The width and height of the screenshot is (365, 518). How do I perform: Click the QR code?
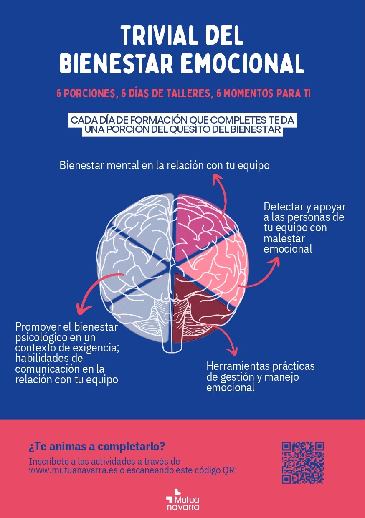pos(303,462)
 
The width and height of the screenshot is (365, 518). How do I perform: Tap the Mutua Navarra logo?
pos(182,499)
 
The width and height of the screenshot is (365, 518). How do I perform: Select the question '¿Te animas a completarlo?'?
pos(97,446)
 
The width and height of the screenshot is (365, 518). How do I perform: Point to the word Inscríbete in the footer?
pos(47,462)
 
